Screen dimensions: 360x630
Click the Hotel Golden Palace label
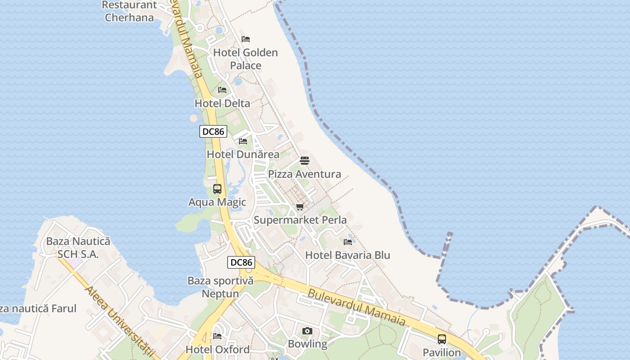[245, 59]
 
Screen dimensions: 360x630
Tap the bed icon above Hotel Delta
[222, 90]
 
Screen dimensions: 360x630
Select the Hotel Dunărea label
[243, 154]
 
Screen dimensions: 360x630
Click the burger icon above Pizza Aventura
[305, 161]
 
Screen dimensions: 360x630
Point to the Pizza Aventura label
[305, 174]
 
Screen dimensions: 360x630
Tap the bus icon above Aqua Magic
[217, 189]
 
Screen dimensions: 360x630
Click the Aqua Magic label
[217, 202]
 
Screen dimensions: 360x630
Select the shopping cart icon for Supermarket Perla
[300, 207]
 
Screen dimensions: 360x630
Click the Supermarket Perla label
[300, 220]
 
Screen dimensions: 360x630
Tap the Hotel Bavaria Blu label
[348, 255]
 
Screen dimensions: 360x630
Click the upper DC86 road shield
[213, 131]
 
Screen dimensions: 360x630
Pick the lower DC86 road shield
[241, 262]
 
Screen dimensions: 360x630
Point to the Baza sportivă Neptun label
[220, 287]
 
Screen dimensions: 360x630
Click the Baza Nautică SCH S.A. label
[78, 248]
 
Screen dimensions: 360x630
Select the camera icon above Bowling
[307, 331]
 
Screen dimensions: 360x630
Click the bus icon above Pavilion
[442, 339]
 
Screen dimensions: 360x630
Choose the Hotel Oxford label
[218, 350]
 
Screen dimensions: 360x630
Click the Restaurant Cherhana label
[129, 12]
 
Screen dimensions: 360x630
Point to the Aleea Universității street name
[122, 322]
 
